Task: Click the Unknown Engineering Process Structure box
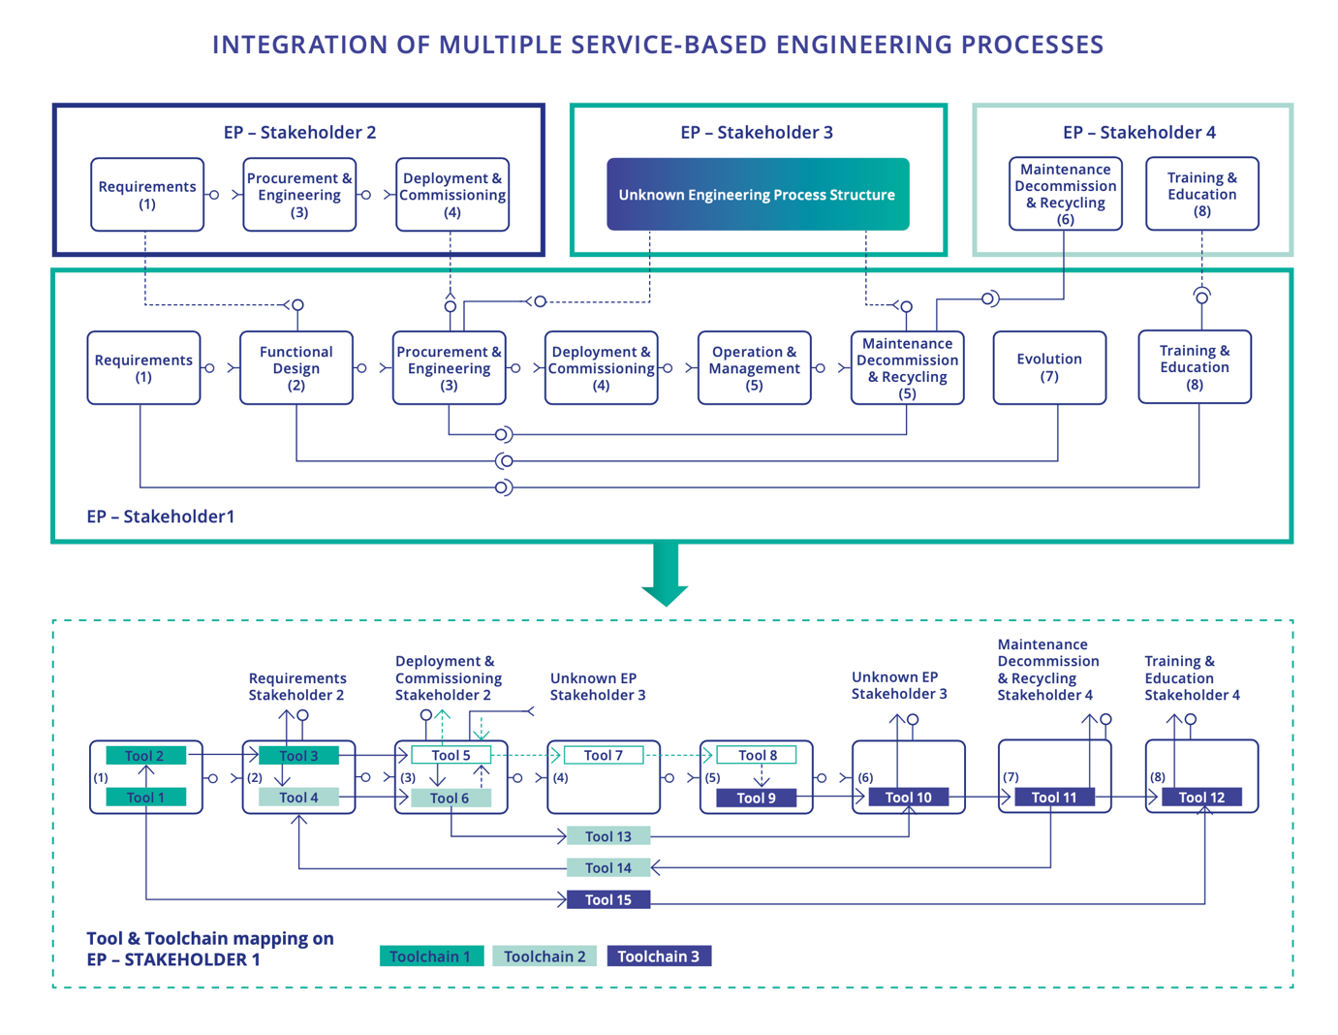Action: [758, 195]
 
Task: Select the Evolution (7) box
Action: [1049, 367]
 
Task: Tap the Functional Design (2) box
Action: [296, 367]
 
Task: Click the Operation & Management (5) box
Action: [754, 367]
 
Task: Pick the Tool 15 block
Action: [608, 900]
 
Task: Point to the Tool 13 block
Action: [608, 836]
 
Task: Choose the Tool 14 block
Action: [608, 868]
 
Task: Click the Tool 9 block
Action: [756, 799]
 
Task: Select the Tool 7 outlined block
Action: [603, 755]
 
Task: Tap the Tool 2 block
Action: [145, 756]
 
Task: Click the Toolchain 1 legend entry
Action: [431, 957]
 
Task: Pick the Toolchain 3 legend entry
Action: [659, 957]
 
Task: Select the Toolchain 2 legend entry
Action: [545, 957]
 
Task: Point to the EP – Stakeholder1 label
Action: [161, 517]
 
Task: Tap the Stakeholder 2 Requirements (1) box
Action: [147, 195]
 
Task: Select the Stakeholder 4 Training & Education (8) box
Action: [1201, 194]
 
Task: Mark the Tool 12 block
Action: [1201, 798]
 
